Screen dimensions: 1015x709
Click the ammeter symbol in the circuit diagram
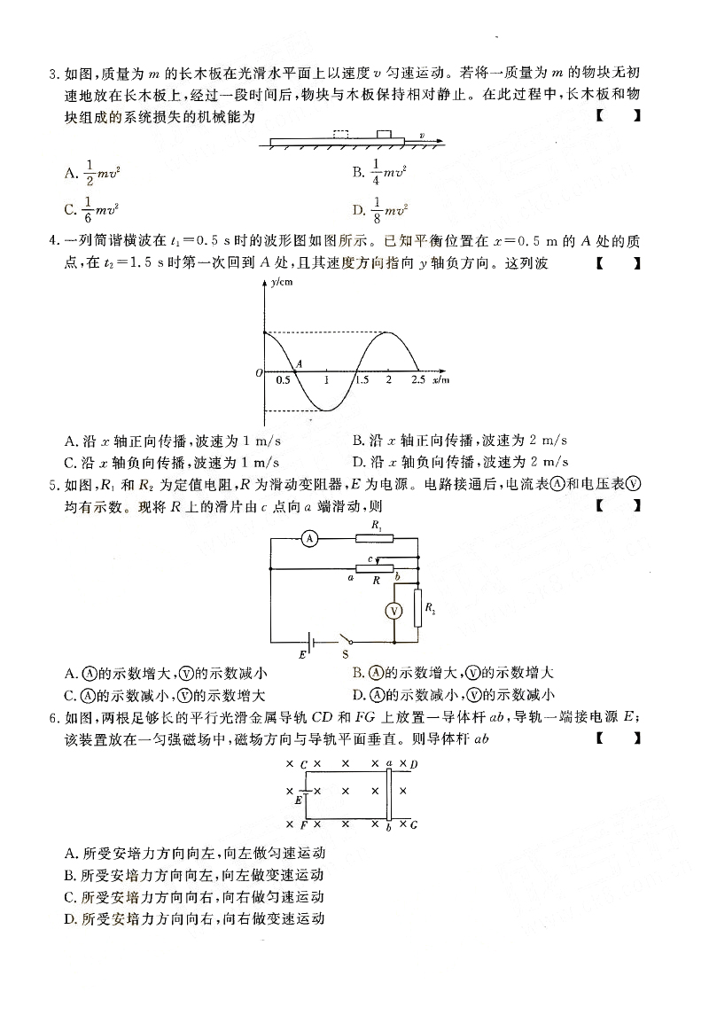pos(308,538)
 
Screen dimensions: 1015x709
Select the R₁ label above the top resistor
pos(376,526)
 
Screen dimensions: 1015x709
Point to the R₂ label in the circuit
pos(431,608)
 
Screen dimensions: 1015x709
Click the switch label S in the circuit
pos(344,654)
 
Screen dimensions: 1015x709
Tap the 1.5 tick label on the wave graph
pos(361,379)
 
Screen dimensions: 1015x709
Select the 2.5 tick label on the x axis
pos(418,379)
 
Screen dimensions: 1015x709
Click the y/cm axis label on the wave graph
pos(281,282)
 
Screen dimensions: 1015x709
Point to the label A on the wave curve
pos(299,363)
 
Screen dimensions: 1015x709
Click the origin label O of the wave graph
pos(258,373)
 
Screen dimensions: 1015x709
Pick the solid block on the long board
pos(384,134)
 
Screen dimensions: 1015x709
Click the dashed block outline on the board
pos(340,134)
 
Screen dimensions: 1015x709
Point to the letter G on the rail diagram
pos(414,824)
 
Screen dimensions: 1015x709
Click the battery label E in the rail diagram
pos(298,800)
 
